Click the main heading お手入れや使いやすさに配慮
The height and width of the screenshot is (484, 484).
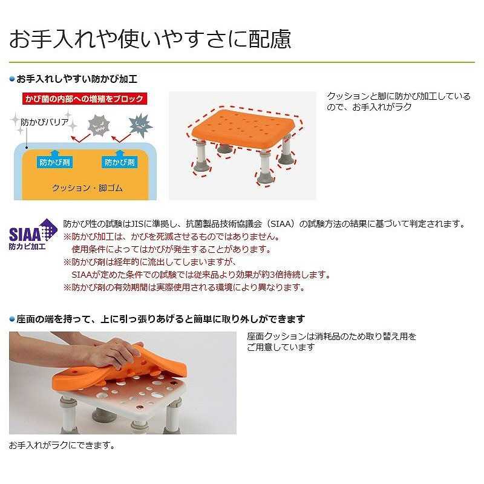(150, 39)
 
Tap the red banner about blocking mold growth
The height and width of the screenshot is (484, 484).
(85, 99)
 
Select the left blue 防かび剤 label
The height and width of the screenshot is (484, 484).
(54, 162)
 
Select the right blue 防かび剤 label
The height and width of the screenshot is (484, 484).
(119, 162)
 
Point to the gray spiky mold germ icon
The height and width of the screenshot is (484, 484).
(99, 125)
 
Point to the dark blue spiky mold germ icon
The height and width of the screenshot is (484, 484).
(140, 125)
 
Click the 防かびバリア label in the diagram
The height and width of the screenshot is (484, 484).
(44, 123)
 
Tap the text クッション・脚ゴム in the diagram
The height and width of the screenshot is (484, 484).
(87, 188)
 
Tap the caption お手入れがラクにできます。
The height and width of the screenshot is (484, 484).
(62, 445)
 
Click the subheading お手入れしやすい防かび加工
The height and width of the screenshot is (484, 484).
(77, 79)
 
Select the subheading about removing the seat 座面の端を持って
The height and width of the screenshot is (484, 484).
(161, 319)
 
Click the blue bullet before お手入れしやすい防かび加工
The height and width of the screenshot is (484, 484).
(12, 79)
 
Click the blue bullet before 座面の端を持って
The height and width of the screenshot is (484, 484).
(12, 319)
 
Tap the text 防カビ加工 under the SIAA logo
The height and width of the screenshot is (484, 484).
(27, 247)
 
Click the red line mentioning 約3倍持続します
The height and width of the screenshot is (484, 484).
(201, 275)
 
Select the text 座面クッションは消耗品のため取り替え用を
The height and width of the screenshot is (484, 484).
(332, 336)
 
